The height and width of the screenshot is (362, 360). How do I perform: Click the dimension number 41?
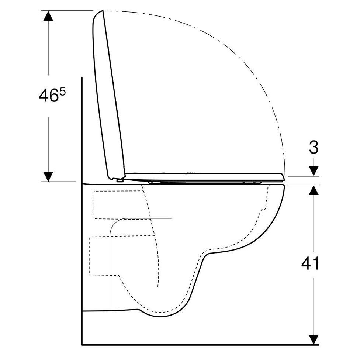click(310, 263)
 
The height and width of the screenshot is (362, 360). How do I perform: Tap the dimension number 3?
click(314, 147)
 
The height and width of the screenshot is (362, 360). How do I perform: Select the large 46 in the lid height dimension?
click(48, 96)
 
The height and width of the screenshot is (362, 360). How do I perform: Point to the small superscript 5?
click(63, 92)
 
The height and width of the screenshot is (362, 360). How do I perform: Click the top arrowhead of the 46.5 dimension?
click(48, 16)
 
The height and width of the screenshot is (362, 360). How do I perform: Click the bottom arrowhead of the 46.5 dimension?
click(48, 177)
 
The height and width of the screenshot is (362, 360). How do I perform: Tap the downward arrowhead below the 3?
click(314, 171)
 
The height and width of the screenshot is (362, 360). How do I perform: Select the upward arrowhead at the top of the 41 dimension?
click(314, 190)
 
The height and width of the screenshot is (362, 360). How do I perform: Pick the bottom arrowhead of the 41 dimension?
click(314, 340)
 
